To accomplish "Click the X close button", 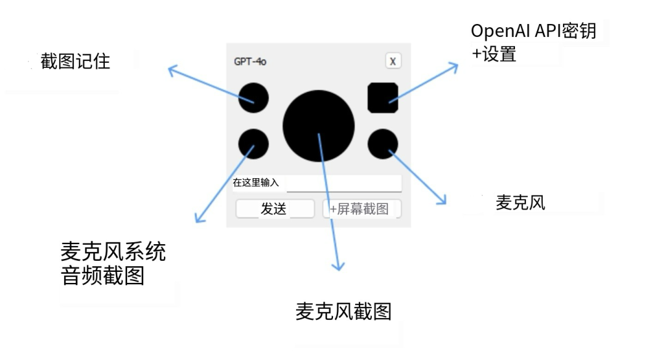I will tap(393, 61).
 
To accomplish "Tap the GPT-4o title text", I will tap(250, 62).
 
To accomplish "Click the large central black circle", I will tap(318, 125).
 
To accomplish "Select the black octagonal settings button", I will tap(382, 97).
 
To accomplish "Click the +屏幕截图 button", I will tap(361, 209).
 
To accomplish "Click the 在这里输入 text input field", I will tap(343, 183).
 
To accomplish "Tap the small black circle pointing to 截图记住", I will tap(253, 97).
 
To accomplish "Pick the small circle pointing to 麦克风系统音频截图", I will tap(253, 144).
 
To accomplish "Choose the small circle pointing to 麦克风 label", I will tap(382, 144).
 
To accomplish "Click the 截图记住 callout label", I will tap(75, 62).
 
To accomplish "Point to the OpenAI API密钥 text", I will tap(533, 31).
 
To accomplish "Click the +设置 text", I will tap(494, 54).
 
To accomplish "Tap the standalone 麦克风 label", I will tap(520, 203).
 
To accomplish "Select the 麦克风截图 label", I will tap(343, 312).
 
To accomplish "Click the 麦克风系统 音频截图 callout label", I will tap(113, 263).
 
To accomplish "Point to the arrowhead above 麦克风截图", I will tap(337, 266).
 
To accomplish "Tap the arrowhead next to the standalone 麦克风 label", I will tap(442, 200).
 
